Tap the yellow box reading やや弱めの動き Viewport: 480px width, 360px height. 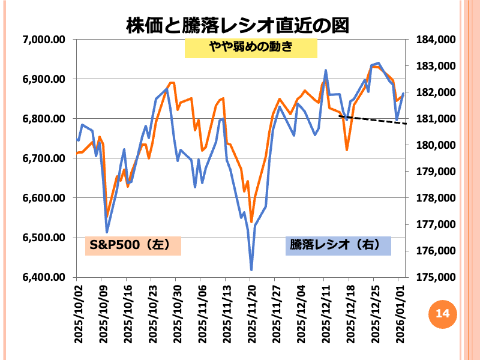point(251,48)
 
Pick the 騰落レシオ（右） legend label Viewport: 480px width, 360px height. point(338,245)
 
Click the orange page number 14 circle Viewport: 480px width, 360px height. point(442,313)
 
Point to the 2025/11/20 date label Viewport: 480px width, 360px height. point(251,313)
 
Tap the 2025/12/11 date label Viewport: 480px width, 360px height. point(325,313)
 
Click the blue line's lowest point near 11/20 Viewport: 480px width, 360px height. point(251,269)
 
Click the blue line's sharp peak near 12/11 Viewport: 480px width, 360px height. point(325,70)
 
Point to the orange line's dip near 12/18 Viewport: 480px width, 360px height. point(347,149)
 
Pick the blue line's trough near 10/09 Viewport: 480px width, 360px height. point(107,232)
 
